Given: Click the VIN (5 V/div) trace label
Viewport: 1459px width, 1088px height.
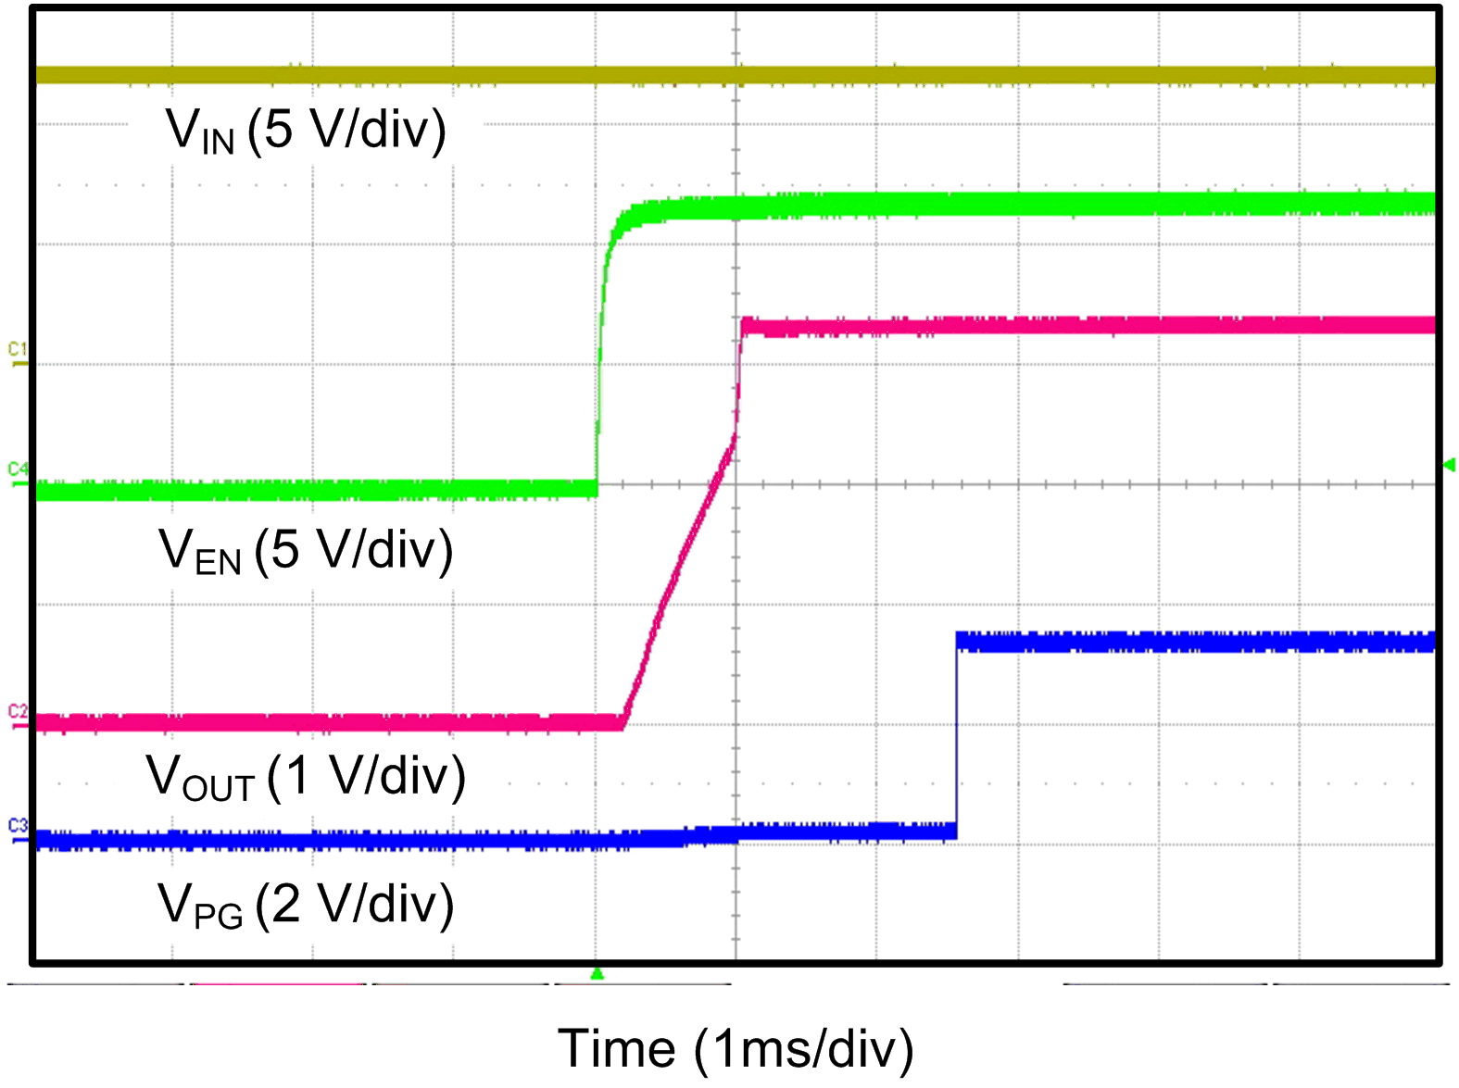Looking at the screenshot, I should pos(306,130).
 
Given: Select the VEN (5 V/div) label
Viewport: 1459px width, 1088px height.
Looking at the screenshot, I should pos(306,550).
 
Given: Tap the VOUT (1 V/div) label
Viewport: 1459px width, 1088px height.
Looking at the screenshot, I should pos(306,776).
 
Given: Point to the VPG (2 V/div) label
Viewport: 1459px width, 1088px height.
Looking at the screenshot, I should pos(306,904).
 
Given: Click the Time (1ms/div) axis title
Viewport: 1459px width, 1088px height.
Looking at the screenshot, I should pos(736,1049).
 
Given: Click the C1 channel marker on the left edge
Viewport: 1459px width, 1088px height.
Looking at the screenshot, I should pos(18,352).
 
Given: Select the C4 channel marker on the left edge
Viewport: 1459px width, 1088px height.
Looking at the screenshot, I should pos(18,470).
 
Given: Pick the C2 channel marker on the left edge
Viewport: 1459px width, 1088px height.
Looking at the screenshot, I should pos(18,713).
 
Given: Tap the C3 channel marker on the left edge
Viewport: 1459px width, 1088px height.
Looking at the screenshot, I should pos(18,827).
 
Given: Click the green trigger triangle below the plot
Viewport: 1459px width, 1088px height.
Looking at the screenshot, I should pos(597,974).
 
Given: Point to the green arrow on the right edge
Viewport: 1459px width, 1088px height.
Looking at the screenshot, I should pos(1450,465).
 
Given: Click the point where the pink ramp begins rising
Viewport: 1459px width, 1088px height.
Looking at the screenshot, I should pos(623,721).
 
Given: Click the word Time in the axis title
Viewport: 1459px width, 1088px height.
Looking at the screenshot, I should pos(616,1049).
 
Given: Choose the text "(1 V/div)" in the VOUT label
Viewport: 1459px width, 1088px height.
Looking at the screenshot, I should pos(367,776).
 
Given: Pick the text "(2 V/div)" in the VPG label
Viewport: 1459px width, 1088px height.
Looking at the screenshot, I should pos(356,904).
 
